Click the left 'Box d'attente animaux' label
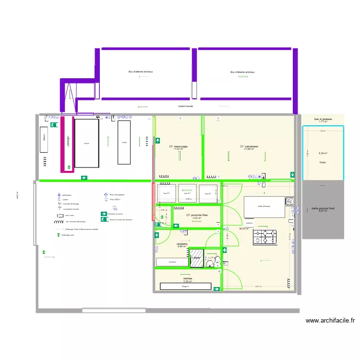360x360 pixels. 141,72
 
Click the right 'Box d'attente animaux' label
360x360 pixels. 242,72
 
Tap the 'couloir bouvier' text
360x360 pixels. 185,107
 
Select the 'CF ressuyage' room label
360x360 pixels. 178,146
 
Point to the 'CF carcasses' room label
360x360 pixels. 249,146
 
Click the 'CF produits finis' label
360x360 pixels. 196,216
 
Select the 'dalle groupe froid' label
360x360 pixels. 323,208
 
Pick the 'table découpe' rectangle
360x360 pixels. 264,206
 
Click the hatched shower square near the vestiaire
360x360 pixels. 196,258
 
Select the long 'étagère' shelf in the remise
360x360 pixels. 186,286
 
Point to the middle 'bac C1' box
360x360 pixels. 188,193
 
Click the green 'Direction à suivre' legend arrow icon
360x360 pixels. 104,214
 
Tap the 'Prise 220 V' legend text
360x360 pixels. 115,199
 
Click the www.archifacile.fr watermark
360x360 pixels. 330,321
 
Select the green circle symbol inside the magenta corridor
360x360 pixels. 69,168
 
